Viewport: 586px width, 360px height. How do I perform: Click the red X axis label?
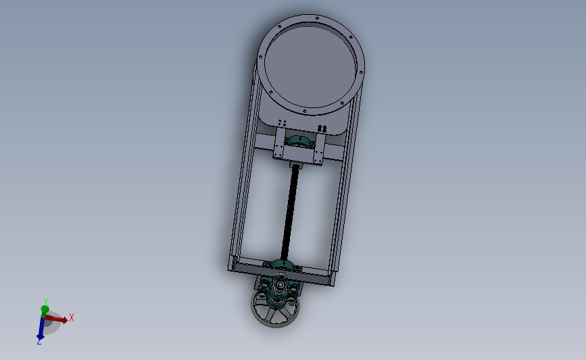(72, 317)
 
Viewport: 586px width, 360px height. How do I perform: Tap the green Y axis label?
(45, 301)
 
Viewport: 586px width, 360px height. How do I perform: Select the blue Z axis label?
(39, 342)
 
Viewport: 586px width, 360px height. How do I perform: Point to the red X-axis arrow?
(59, 319)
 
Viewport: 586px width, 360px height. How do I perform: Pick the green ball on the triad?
(45, 309)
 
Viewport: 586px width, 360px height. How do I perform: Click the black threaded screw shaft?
(291, 209)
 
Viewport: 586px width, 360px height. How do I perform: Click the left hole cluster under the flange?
(283, 122)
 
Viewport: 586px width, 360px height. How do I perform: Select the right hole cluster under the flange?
(322, 128)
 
